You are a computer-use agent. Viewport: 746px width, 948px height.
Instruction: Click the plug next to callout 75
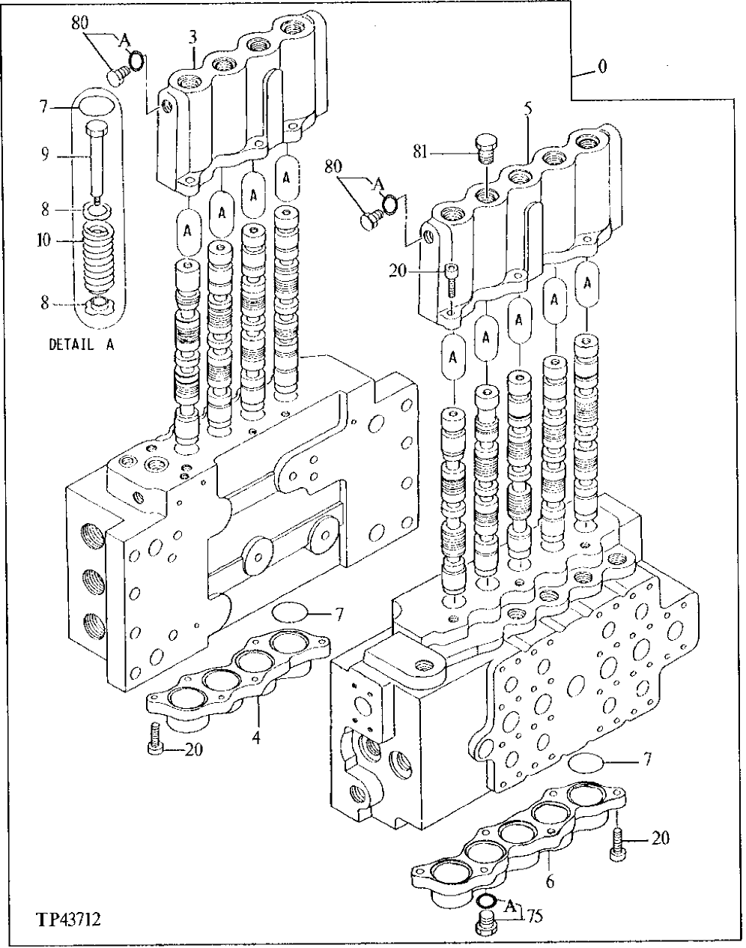pos(486,923)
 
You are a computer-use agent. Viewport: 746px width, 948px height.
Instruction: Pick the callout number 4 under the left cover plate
pos(256,737)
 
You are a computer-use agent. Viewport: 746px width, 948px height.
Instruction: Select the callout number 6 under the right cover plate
pos(550,882)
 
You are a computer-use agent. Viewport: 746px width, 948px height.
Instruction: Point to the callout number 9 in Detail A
pos(45,155)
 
